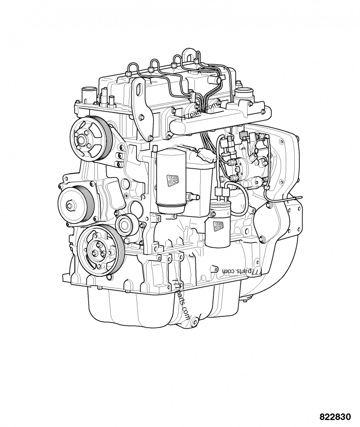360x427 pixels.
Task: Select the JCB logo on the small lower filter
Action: pyautogui.click(x=219, y=225)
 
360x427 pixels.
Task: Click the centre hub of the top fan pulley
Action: pyautogui.click(x=82, y=139)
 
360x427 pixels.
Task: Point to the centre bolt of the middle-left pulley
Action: pyautogui.click(x=69, y=206)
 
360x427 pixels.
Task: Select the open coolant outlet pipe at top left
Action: pyautogui.click(x=86, y=95)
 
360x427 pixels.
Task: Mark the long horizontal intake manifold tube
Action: pyautogui.click(x=211, y=118)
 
